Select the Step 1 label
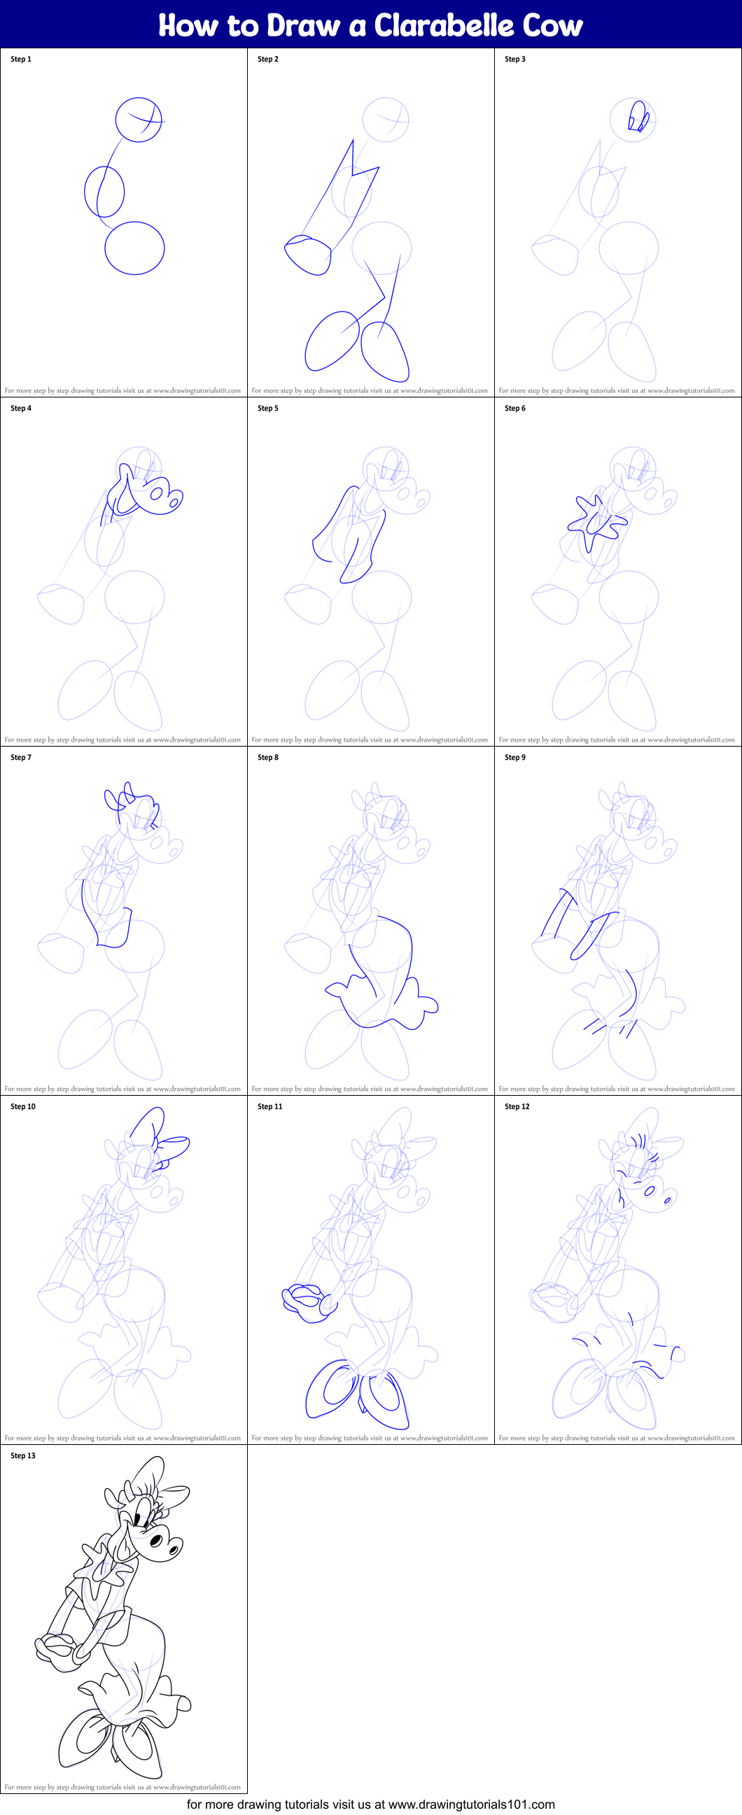tap(21, 59)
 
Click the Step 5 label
tap(268, 408)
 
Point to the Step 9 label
tap(515, 758)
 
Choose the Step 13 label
tap(23, 1455)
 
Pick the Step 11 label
tap(270, 1106)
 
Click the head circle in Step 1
tap(139, 120)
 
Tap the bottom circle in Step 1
tap(134, 248)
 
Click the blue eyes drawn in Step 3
tap(638, 118)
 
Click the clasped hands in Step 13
tap(60, 1648)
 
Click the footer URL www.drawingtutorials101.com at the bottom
tap(471, 1805)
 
